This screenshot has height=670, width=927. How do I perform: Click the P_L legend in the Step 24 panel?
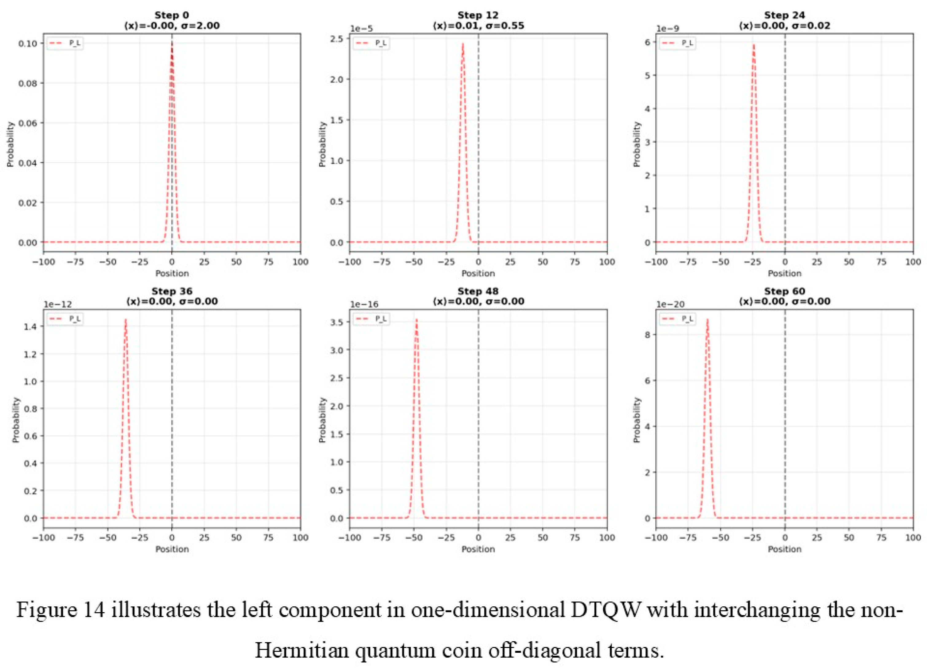point(677,43)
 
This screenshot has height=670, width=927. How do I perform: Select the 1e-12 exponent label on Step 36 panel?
point(58,305)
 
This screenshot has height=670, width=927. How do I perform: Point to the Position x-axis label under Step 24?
point(784,273)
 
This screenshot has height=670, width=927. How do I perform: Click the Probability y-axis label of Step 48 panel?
point(322,420)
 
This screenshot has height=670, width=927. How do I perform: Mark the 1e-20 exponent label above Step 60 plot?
point(670,305)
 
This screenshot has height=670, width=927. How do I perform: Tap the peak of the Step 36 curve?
point(126,320)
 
